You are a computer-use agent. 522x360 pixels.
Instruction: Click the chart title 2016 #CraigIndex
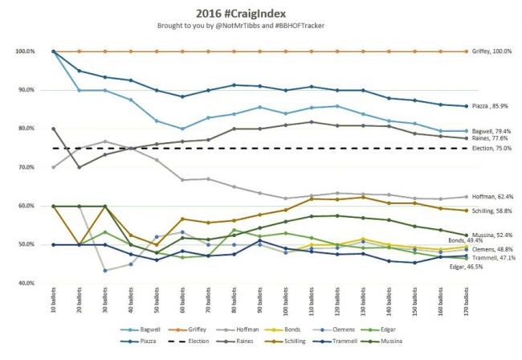tap(261, 12)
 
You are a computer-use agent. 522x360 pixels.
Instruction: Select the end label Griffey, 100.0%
tap(491, 51)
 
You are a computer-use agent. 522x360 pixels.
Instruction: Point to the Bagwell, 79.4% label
tap(492, 130)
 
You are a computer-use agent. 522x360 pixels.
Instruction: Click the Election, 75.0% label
tap(492, 149)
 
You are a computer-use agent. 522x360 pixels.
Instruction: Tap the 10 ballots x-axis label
tap(54, 307)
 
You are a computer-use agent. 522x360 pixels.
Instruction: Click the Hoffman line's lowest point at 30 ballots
tap(105, 270)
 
